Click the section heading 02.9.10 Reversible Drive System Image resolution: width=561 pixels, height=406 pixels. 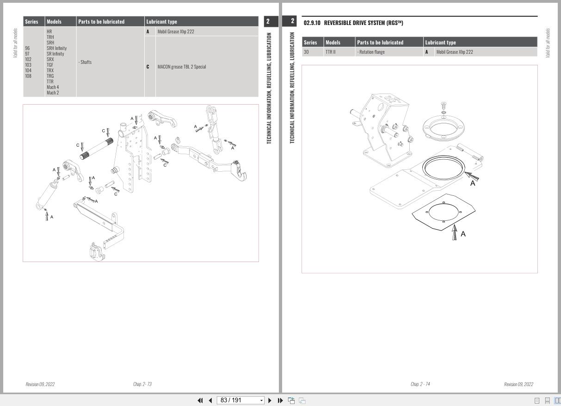point(353,23)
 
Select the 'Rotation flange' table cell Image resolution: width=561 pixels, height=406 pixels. point(371,52)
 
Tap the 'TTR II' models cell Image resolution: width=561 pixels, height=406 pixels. point(330,52)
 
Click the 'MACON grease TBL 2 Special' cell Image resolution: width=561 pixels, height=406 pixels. point(181,67)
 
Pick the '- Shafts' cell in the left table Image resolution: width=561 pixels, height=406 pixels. point(85,62)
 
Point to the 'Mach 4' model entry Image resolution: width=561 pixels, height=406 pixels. point(53,87)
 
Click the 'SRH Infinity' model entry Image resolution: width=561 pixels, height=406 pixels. point(56,48)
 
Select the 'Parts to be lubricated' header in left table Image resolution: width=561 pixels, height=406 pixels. point(101,22)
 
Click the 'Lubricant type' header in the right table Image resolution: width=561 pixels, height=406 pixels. point(440,43)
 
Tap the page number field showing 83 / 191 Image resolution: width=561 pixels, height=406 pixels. point(240,400)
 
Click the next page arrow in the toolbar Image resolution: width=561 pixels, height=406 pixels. point(270,400)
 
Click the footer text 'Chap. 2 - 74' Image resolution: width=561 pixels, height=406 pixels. point(420,384)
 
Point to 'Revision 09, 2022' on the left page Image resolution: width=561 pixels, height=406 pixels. point(40,384)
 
